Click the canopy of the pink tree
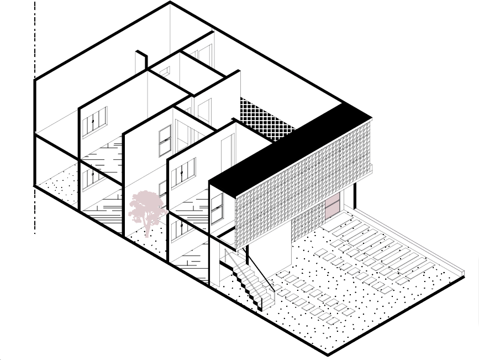(146, 206)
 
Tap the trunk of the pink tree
(148, 228)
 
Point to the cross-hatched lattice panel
(266, 122)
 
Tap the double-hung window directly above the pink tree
(165, 142)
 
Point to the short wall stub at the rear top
(141, 61)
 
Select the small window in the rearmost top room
(165, 71)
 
